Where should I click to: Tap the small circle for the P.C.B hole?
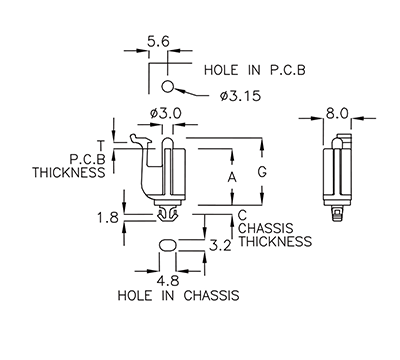pyautogui.click(x=169, y=85)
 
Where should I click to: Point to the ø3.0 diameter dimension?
pyautogui.click(x=166, y=114)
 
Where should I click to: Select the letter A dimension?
pyautogui.click(x=232, y=177)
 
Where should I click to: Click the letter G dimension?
pyautogui.click(x=262, y=172)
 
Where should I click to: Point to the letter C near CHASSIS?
pyautogui.click(x=243, y=214)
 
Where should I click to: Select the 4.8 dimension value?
pyautogui.click(x=169, y=281)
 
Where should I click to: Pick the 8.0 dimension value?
pyautogui.click(x=337, y=114)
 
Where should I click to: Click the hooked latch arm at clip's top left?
pyautogui.click(x=133, y=137)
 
